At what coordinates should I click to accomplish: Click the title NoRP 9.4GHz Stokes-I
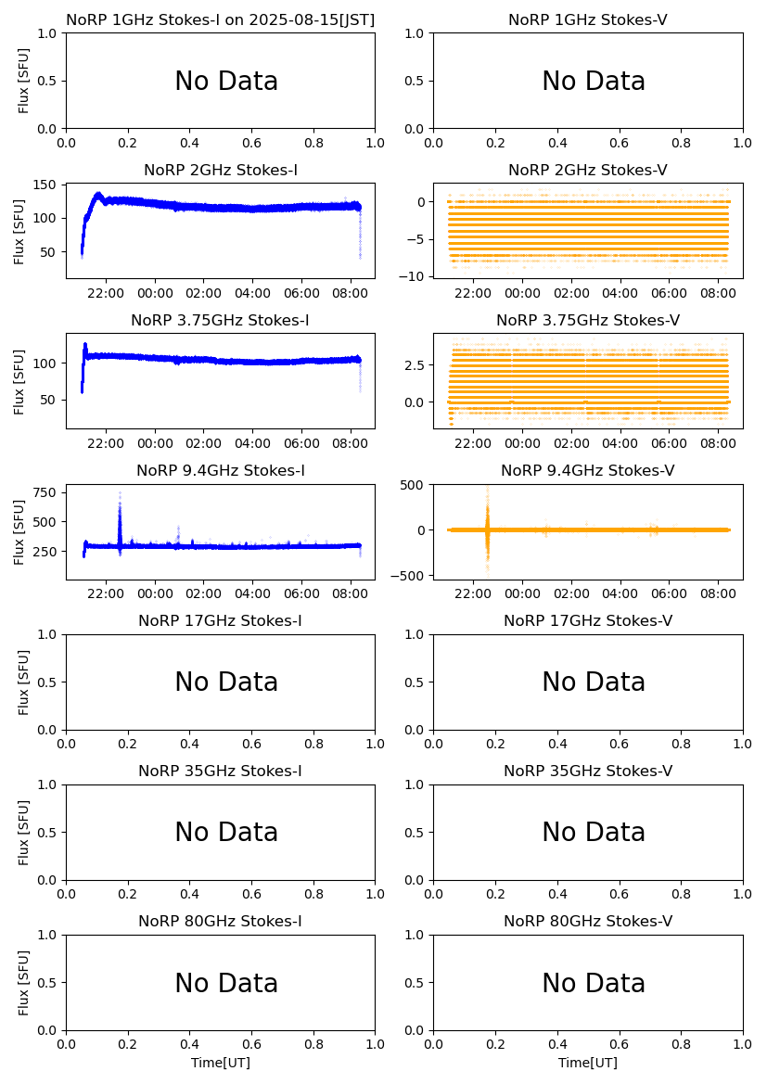[221, 471]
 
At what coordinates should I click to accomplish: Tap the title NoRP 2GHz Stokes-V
[588, 171]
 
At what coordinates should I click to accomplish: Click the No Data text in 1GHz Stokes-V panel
[594, 82]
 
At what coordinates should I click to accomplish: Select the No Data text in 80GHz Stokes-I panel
[226, 984]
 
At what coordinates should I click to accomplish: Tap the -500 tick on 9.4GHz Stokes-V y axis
[412, 576]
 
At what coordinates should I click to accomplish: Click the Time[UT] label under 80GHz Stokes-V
[588, 1063]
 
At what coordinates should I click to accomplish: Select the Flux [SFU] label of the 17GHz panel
[24, 682]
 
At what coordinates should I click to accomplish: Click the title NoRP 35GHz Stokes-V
[588, 772]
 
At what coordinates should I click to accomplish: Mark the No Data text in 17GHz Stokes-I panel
[226, 683]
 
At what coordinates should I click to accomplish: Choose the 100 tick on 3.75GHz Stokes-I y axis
[49, 363]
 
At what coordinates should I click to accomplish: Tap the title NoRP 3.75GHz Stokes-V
[588, 321]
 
